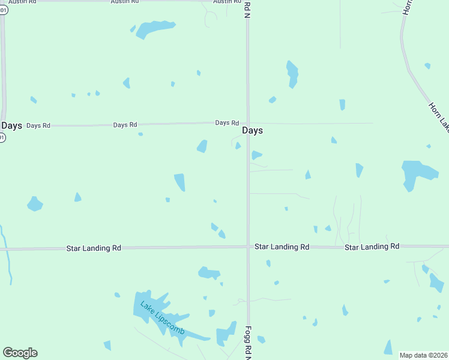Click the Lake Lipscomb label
(x=163, y=319)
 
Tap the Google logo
(x=20, y=353)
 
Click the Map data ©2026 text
(x=424, y=355)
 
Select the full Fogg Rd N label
(x=247, y=343)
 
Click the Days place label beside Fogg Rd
(x=252, y=130)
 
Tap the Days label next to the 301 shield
(x=12, y=125)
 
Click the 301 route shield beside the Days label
(x=2, y=137)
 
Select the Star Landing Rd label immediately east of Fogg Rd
(x=282, y=247)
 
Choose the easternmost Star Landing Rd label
(x=372, y=247)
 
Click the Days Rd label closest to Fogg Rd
(x=228, y=122)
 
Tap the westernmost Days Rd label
(x=38, y=125)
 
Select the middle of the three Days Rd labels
(x=125, y=125)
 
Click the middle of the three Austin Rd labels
(x=125, y=2)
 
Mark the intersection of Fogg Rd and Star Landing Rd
(x=247, y=246)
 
